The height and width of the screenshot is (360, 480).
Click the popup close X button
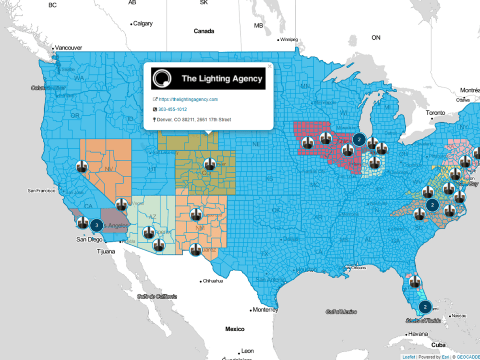point(269,66)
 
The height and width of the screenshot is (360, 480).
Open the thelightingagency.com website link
point(188,99)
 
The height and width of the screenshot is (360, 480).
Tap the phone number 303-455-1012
point(172,109)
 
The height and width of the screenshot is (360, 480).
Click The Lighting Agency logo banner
point(208,78)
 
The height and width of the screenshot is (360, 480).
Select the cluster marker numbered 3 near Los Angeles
point(96,224)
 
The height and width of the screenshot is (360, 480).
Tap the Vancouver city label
point(68,48)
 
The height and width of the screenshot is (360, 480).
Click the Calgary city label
point(143,24)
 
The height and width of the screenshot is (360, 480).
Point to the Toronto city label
point(436,113)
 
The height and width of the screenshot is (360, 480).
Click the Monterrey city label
point(265,310)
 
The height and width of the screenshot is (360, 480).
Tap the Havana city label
point(418,334)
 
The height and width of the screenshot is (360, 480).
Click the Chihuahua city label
point(213,281)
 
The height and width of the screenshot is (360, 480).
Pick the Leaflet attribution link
point(409,357)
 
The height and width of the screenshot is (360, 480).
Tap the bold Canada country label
point(204,31)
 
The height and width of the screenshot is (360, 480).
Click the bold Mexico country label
point(235,329)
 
